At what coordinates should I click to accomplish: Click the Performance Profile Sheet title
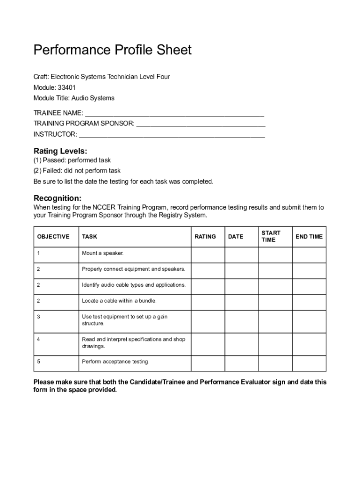(x=112, y=50)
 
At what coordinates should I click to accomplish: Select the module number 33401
(x=67, y=87)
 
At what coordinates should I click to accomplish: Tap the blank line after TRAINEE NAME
(x=174, y=113)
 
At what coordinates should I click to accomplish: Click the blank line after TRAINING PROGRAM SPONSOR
(x=201, y=124)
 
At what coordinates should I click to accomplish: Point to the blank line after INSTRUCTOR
(x=172, y=135)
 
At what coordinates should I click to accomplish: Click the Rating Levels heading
(x=60, y=151)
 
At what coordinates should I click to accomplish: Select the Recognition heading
(x=58, y=198)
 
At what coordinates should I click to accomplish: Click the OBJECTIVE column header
(x=53, y=237)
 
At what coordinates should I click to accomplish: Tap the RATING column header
(x=205, y=237)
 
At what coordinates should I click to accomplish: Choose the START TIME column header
(x=271, y=236)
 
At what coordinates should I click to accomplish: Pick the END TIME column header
(x=309, y=237)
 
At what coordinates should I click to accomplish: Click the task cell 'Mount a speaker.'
(x=103, y=253)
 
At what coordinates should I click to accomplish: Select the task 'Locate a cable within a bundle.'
(x=119, y=301)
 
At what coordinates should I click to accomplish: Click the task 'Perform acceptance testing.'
(x=116, y=362)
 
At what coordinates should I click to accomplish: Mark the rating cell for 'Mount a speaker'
(x=208, y=255)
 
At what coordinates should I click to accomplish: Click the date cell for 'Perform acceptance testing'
(x=242, y=363)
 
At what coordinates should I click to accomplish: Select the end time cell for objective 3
(x=309, y=321)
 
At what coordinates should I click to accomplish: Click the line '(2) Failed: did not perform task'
(x=77, y=171)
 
